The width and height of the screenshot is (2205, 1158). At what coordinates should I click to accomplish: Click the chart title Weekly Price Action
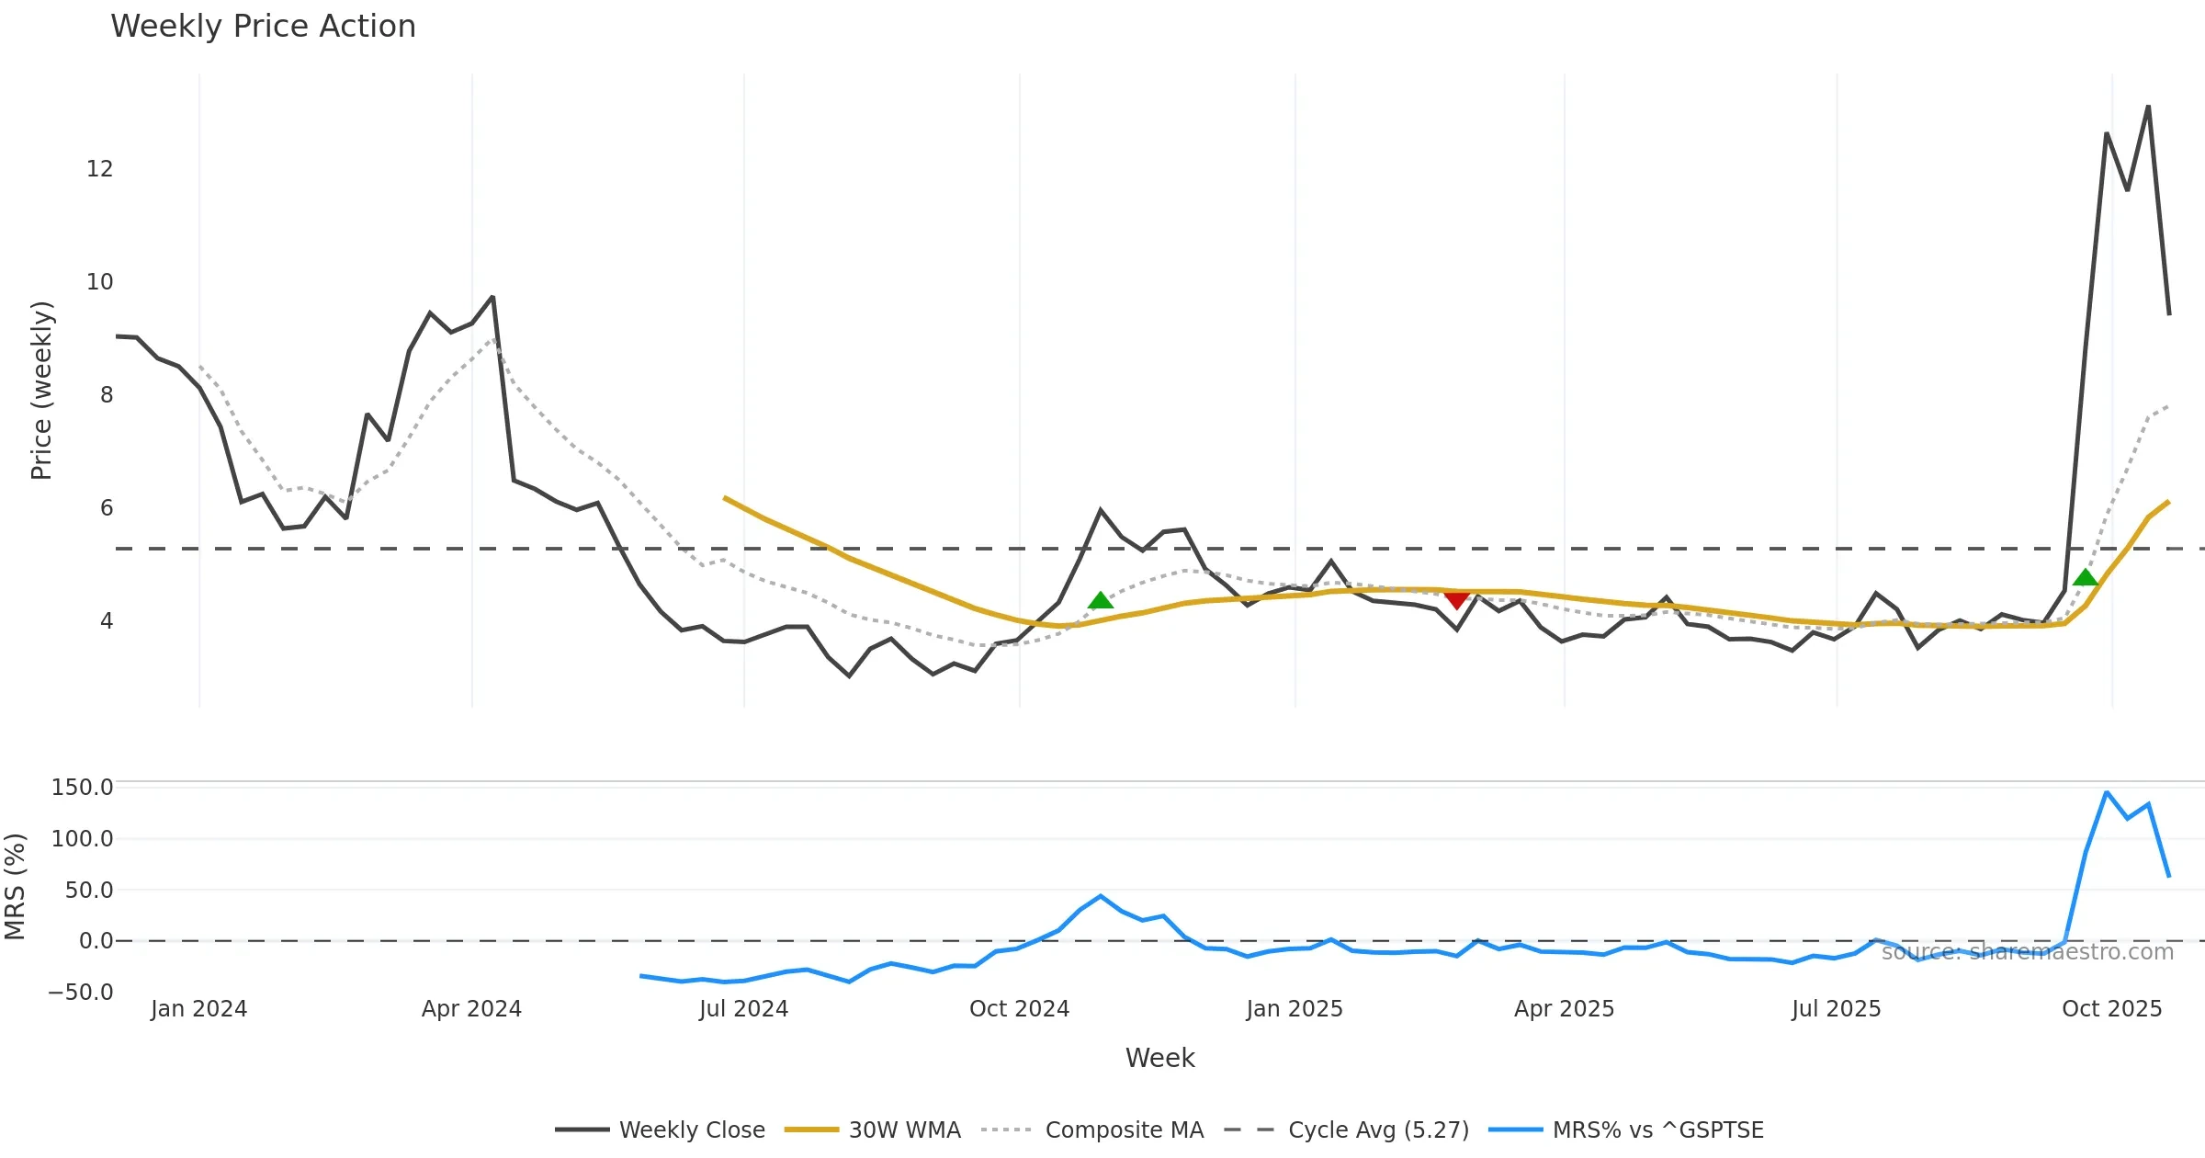pos(263,27)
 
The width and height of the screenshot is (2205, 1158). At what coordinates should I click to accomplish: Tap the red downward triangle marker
pos(1456,600)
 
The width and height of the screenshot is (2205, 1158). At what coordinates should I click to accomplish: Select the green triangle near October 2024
pos(1101,601)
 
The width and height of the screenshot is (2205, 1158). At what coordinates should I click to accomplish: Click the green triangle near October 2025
pos(2086,578)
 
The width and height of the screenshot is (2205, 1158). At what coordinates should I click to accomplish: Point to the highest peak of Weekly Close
pos(2148,107)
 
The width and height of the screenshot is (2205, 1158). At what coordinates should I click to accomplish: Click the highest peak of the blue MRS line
pos(2107,792)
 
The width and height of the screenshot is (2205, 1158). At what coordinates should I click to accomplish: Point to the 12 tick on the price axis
pos(99,169)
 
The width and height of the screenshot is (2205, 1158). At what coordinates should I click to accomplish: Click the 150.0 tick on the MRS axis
pos(82,788)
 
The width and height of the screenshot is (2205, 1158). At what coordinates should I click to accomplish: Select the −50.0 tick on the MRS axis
pos(80,993)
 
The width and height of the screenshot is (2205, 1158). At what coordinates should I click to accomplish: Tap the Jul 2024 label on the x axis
pos(743,1009)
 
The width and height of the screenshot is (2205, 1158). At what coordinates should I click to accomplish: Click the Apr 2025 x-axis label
pos(1564,1009)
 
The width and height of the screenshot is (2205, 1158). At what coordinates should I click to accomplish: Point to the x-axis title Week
pos(1159,1059)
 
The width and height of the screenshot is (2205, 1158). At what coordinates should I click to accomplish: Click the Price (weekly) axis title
pos(42,391)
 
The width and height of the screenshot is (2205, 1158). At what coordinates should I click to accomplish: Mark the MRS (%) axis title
pos(16,887)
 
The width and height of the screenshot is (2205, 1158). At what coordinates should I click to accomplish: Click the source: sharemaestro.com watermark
pos(2027,952)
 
